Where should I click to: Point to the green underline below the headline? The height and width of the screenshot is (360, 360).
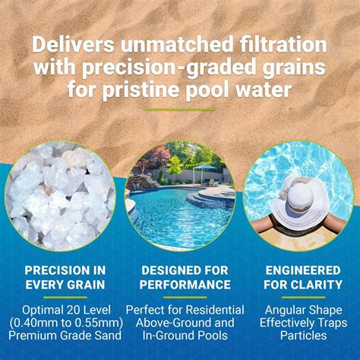pos(179,109)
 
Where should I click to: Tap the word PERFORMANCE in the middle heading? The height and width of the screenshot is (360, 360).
pos(180,285)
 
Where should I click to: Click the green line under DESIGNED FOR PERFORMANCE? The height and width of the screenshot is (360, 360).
pos(180,298)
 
